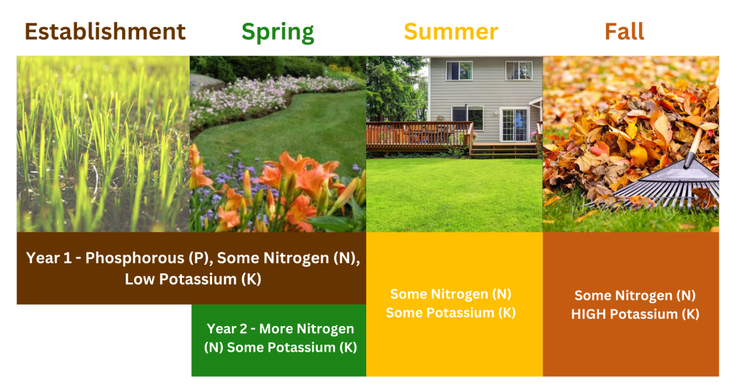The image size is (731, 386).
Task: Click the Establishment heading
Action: tap(105, 31)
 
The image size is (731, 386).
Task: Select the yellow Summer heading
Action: tap(451, 31)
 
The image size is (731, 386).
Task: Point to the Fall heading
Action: tap(624, 31)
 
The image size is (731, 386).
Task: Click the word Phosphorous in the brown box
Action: tap(135, 258)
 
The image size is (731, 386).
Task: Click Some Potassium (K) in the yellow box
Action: tap(451, 313)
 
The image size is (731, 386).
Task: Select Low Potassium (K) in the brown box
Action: tap(193, 279)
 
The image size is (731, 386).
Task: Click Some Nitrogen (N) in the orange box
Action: tap(635, 295)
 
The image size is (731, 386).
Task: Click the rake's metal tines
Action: tap(662, 192)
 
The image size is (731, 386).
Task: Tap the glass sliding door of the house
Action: tap(514, 124)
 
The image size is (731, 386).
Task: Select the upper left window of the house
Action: tap(459, 71)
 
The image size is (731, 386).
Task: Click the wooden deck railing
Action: tap(419, 135)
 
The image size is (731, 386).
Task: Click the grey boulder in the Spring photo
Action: tap(207, 83)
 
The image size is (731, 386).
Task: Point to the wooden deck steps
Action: tap(503, 151)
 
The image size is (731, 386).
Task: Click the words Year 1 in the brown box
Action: tap(49, 258)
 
